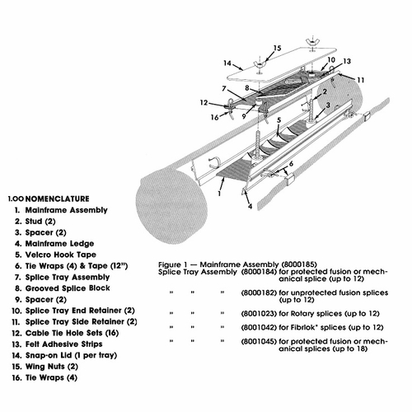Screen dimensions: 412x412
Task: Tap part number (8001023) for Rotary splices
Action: pos(260,314)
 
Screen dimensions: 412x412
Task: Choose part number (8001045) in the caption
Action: pos(260,347)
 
